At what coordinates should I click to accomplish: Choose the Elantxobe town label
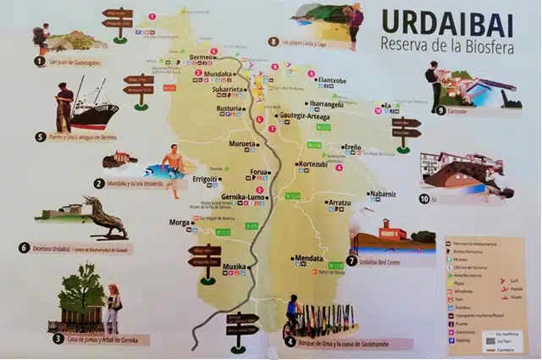[331, 81]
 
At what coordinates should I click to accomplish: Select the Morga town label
[180, 223]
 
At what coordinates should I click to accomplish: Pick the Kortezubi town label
[312, 164]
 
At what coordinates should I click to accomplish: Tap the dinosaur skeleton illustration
[108, 219]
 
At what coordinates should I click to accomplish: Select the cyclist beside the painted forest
[293, 315]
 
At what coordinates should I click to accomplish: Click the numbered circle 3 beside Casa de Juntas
[58, 338]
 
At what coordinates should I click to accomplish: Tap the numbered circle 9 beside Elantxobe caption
[441, 110]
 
